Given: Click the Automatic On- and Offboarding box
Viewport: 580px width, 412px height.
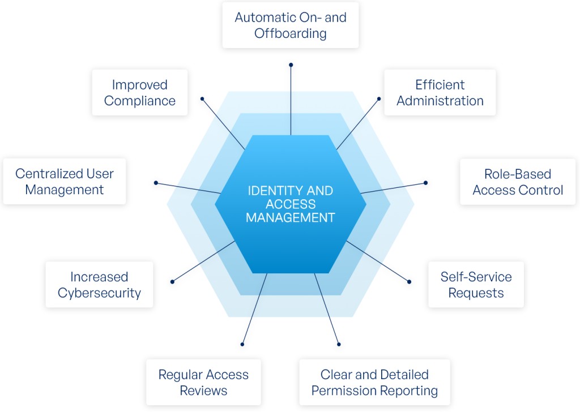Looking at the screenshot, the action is point(291,25).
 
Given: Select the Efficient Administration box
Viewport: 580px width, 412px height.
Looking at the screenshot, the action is point(440,92).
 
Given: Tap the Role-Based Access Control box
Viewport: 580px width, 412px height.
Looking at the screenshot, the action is point(518,182).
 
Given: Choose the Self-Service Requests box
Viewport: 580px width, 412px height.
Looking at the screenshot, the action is point(476,285).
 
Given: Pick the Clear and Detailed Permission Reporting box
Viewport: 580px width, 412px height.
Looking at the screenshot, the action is point(375,383).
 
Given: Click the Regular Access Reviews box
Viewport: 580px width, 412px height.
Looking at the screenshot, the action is point(203,383).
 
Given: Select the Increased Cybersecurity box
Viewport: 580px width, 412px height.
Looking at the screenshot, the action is point(99,285).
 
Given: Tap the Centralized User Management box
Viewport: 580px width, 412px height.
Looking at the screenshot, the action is point(65,182).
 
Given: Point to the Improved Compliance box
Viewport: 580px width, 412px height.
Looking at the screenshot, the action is point(140,92).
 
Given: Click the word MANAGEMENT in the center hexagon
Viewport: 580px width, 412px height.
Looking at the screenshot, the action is point(291,218).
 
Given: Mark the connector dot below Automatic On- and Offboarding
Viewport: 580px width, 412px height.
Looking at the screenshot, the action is point(291,65).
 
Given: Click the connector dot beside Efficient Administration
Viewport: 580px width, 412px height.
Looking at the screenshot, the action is point(379,99).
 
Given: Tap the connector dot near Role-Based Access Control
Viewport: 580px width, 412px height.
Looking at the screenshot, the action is point(426,183).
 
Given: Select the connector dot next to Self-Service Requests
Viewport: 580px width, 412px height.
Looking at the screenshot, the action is point(409,282).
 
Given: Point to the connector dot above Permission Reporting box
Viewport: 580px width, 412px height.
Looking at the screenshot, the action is point(339,345).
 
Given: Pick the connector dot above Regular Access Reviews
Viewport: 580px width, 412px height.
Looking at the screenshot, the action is point(242,345).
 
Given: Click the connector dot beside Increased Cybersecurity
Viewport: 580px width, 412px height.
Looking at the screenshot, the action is point(172,282).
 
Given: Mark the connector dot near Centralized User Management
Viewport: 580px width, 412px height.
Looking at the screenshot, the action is point(156,183).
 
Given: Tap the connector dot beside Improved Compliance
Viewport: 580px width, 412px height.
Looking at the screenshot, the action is point(202,99).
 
